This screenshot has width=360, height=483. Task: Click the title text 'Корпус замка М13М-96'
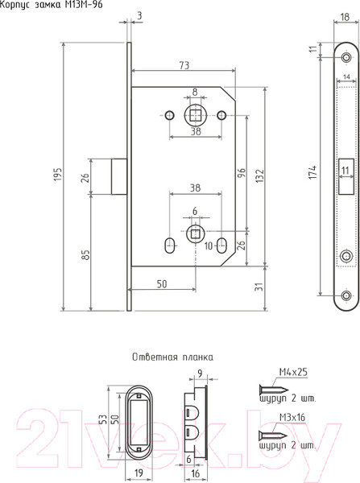52,5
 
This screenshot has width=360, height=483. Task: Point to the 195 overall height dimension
59,175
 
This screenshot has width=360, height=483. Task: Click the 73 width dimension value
184,65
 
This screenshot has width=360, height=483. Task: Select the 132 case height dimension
260,175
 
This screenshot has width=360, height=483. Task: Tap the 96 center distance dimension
242,172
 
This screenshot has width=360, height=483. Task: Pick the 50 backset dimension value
162,284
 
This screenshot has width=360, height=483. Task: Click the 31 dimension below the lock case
260,287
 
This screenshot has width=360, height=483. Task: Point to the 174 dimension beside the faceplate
312,172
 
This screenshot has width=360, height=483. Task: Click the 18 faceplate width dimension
346,17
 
